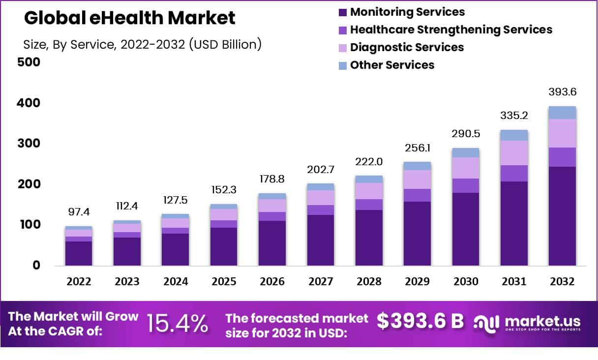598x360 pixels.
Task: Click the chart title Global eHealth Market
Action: coord(130,18)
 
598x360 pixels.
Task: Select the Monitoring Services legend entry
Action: coord(407,12)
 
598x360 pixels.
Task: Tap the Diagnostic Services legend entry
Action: coord(407,47)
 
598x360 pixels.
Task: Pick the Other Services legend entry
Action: coord(392,65)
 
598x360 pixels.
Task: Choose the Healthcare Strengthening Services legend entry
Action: coord(451,30)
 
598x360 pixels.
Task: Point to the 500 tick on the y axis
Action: coord(29,62)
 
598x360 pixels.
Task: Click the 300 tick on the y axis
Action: coord(29,144)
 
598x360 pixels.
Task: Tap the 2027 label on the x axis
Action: coord(321,282)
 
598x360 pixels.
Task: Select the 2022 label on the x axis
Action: coord(79,282)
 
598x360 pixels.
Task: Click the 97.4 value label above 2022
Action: coord(79,212)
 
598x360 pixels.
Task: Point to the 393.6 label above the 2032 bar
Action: coord(563,92)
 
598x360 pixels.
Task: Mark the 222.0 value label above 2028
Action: coord(369,162)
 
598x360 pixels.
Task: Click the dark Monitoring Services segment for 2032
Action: coord(562,216)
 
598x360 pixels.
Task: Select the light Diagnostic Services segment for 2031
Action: coord(514,153)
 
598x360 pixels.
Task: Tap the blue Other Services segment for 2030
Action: coord(466,152)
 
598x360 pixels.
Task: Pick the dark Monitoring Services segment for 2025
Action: coord(224,246)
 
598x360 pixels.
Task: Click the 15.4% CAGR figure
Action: coord(178,324)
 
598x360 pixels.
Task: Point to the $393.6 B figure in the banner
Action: coord(420,321)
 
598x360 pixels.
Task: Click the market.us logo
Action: coord(527,323)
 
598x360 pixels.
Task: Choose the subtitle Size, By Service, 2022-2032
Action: coord(142,44)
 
